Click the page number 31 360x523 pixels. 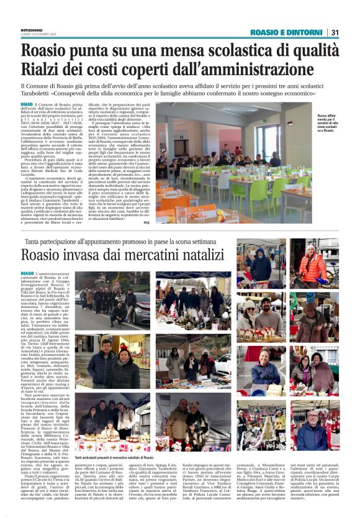335,32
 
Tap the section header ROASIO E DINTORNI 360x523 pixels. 286,32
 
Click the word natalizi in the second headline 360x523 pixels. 209,256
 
